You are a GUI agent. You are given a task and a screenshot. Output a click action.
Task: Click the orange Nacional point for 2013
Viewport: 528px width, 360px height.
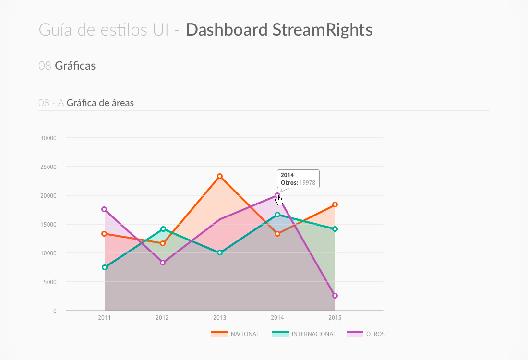pos(220,176)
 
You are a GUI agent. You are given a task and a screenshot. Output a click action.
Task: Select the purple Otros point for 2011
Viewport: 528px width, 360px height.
pos(104,209)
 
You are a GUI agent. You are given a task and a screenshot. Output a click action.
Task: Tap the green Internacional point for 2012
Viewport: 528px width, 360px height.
pos(163,229)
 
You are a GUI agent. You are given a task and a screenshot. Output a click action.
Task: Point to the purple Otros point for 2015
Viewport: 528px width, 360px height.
pos(335,296)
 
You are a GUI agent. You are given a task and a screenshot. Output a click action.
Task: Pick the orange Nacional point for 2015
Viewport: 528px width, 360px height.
pos(335,204)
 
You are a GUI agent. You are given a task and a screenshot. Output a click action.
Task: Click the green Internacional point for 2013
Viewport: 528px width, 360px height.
pos(220,252)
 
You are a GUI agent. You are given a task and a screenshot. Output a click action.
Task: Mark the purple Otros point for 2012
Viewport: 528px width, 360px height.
pos(163,263)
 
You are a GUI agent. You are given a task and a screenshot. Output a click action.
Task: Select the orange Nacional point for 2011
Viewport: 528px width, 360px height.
pos(104,234)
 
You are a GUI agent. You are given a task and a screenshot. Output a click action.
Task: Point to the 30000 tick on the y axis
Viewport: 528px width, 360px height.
pos(48,138)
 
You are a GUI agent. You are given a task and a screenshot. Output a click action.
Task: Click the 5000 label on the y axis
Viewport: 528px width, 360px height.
pos(50,282)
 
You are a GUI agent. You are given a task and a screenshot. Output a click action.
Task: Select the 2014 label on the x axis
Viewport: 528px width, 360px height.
pos(277,318)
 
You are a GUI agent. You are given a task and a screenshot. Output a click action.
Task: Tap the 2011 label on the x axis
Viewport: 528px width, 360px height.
pos(104,318)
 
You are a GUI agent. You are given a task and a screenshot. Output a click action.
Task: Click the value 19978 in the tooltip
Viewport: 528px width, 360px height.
pos(307,182)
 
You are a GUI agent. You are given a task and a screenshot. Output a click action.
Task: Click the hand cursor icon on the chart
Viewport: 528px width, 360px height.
pos(279,200)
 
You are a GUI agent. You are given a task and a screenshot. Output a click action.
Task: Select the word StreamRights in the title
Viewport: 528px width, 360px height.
pos(322,30)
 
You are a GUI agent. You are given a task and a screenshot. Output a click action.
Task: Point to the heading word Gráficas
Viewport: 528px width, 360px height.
pos(75,66)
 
